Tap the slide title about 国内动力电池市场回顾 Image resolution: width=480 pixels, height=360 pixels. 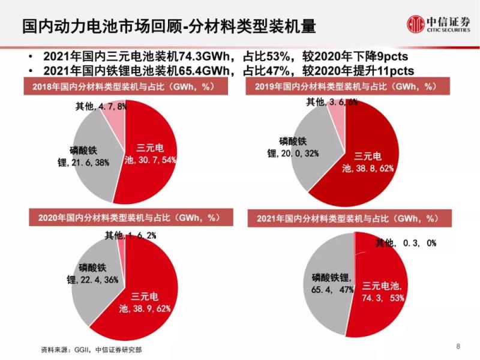coord(169,26)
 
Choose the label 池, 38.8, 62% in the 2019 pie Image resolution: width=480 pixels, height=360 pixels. coord(367,169)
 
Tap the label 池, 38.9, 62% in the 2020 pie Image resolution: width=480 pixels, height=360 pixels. coord(145,308)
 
